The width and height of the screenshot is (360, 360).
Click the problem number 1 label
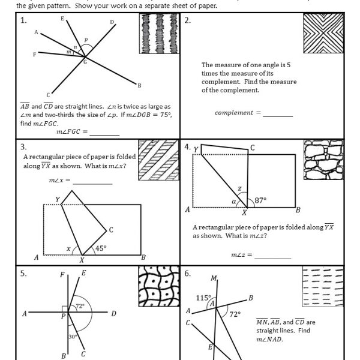[23, 20]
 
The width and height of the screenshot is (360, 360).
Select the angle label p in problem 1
[86, 41]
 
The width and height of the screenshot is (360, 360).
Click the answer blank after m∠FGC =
[104, 131]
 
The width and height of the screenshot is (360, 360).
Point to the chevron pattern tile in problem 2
[323, 34]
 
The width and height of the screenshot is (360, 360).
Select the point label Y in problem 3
[58, 199]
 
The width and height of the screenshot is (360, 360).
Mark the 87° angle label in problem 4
[260, 200]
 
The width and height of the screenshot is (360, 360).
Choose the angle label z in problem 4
[239, 188]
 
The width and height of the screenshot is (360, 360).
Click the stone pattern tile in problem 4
[323, 160]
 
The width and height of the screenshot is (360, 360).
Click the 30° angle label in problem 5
[71, 337]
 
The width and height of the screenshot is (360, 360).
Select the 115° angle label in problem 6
[203, 298]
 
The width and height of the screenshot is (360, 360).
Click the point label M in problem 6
[214, 278]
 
